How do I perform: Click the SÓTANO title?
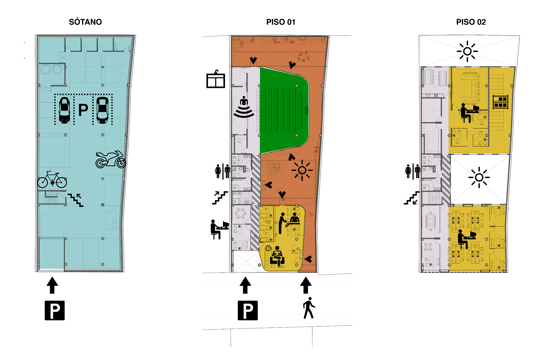tap(85, 22)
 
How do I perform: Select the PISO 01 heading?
tap(281, 22)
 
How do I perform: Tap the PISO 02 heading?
tap(471, 22)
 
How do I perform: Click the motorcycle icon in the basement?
tap(111, 160)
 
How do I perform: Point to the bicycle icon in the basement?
tap(52, 180)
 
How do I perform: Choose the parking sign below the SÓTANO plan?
tap(55, 310)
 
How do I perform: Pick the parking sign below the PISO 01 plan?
tap(248, 310)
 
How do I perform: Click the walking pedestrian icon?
tap(309, 308)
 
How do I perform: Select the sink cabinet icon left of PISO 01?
tap(216, 79)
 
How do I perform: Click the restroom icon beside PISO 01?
tap(222, 172)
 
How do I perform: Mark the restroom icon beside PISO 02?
tap(413, 172)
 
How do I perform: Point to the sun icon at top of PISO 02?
tap(467, 51)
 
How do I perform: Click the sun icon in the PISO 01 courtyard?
tap(302, 170)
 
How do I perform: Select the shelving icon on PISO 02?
tap(500, 102)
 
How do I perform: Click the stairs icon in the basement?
tap(76, 200)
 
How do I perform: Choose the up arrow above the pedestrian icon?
tap(306, 285)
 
